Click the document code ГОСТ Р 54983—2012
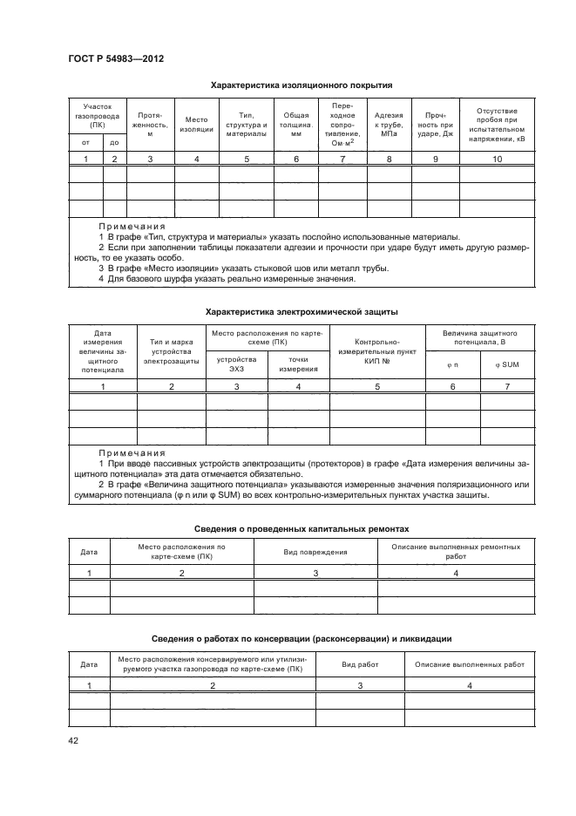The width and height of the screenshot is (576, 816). tap(116, 58)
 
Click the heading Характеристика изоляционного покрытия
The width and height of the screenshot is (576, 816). tap(302, 85)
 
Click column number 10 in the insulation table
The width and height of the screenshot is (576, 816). tap(497, 159)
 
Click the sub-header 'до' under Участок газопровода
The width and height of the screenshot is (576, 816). tap(114, 142)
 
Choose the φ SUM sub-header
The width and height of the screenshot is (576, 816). tap(506, 364)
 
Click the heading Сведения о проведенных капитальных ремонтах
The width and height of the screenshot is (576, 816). tap(302, 529)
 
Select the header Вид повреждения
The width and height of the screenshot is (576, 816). tap(315, 552)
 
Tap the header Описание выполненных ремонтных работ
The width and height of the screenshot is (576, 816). tap(455, 552)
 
